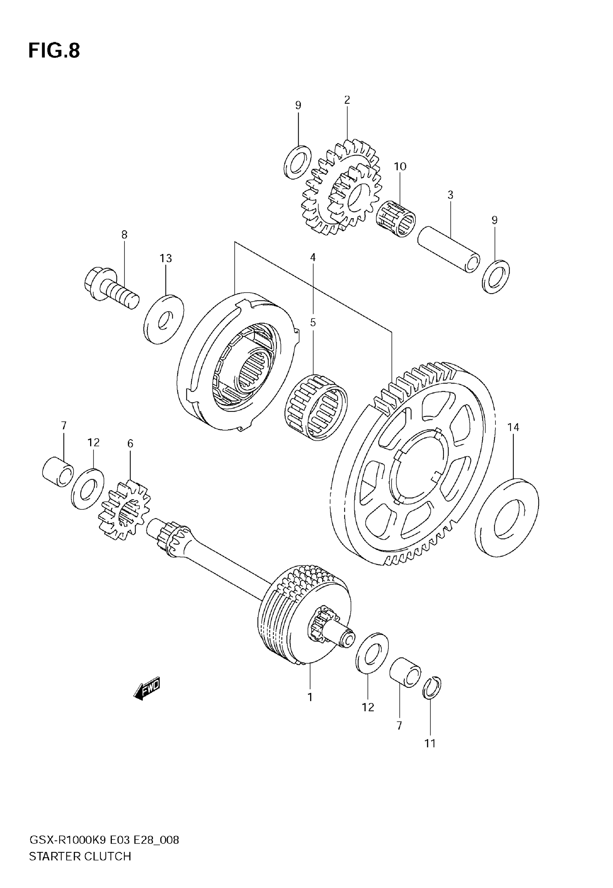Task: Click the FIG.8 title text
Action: click(x=54, y=51)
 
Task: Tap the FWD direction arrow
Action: click(x=147, y=689)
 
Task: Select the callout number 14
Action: click(x=513, y=427)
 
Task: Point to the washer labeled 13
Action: click(x=164, y=319)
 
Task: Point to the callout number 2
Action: click(x=347, y=100)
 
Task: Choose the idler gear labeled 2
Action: click(x=341, y=187)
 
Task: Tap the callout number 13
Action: click(x=166, y=258)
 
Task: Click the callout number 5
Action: click(x=313, y=322)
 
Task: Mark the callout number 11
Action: click(x=430, y=744)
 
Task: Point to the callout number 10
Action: click(x=400, y=166)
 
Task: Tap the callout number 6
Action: click(x=130, y=444)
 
